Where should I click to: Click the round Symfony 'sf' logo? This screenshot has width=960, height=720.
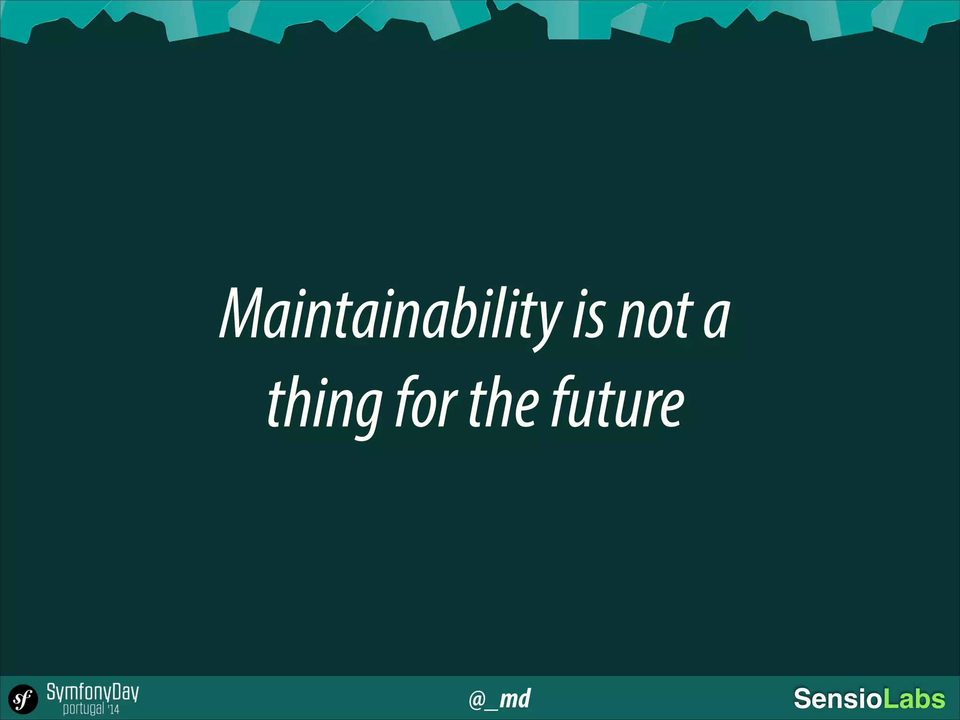point(23,699)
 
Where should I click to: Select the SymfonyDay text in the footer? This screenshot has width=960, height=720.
point(92,692)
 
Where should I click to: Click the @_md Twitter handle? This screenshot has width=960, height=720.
point(500,699)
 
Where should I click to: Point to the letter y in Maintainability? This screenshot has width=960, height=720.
point(547,323)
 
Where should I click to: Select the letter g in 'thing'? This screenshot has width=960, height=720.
point(367,412)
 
